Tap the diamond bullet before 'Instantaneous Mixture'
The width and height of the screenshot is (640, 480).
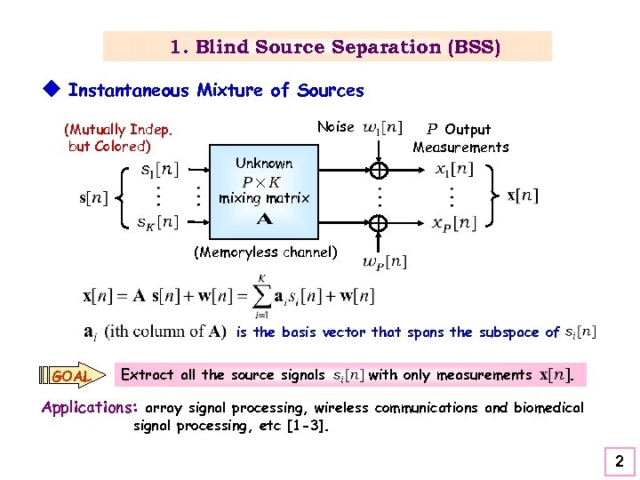point(51,89)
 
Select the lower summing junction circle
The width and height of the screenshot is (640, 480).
point(379,223)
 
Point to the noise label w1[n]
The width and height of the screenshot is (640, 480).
point(382,128)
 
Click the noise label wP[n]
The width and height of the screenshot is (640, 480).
point(385,261)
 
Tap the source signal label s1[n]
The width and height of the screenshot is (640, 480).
point(160,169)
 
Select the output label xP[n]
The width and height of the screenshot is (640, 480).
point(455,222)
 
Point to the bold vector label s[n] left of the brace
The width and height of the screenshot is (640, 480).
point(96,196)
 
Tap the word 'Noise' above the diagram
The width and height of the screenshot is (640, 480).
point(336,127)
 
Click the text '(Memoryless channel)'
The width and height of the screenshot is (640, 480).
point(266,252)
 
